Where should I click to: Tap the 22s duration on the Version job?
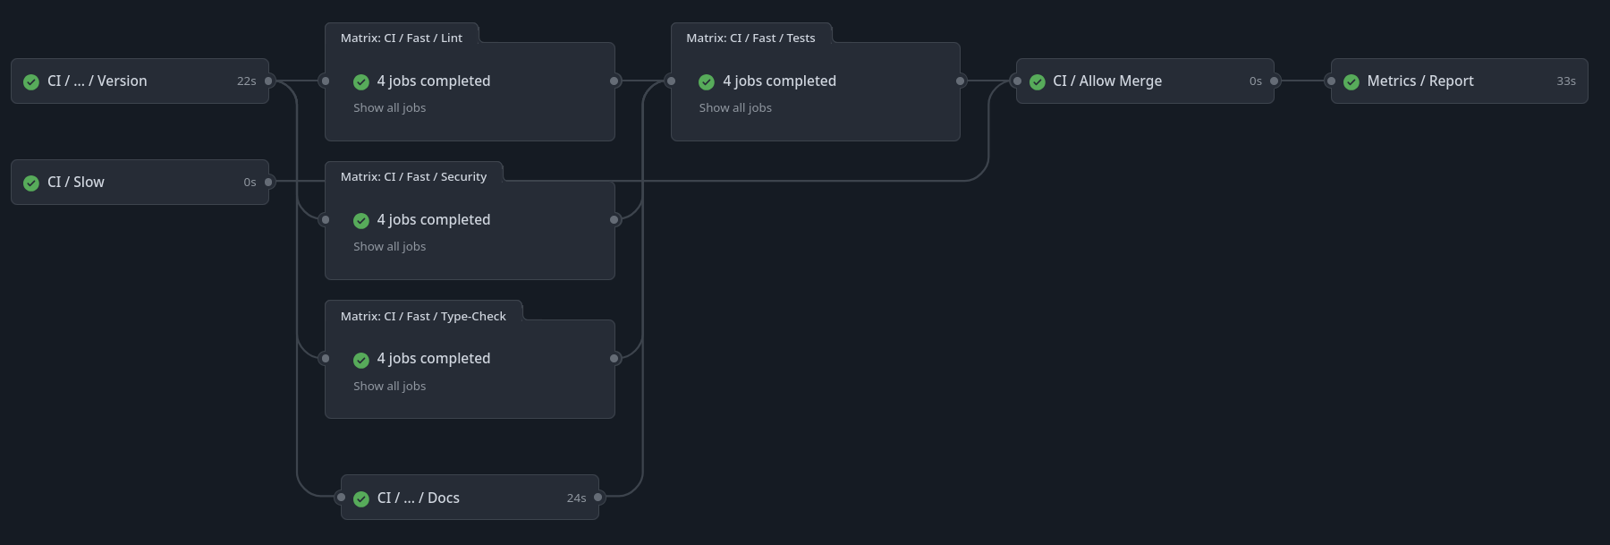pos(246,81)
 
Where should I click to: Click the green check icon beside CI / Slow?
pos(31,183)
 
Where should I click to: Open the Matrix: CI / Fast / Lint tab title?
pos(401,38)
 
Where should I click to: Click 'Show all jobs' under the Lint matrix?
pos(389,108)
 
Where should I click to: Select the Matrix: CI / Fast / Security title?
pos(413,177)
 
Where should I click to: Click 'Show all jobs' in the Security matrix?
pos(389,247)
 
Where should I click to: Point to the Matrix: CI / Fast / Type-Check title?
pos(423,316)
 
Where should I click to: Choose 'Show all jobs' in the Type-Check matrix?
pos(389,387)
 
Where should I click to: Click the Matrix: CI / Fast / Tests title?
pos(750,38)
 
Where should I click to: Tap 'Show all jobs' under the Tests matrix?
pos(735,108)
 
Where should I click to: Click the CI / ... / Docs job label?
pos(418,498)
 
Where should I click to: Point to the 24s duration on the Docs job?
pos(576,498)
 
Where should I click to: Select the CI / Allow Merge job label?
pos(1106,81)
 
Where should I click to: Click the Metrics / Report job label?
pos(1419,81)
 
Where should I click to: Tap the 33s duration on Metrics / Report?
pos(1565,81)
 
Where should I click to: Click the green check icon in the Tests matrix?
pos(707,82)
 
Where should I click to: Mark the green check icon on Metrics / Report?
pos(1352,82)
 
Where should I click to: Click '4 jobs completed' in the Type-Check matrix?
pos(433,359)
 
